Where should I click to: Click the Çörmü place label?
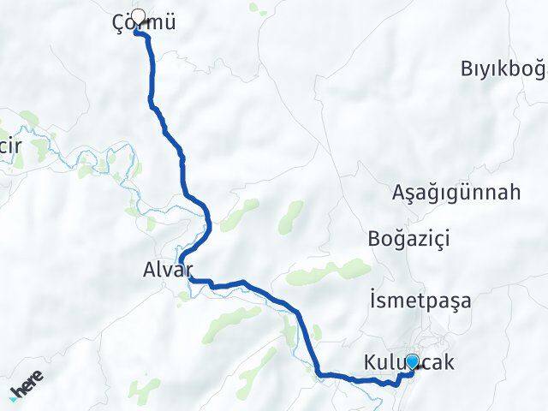click(144, 23)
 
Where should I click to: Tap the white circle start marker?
click(138, 15)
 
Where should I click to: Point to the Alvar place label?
click(163, 271)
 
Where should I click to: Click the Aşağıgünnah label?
click(456, 193)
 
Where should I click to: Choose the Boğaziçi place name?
click(408, 238)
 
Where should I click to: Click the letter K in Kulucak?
click(369, 362)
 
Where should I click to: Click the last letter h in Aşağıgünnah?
click(514, 193)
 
